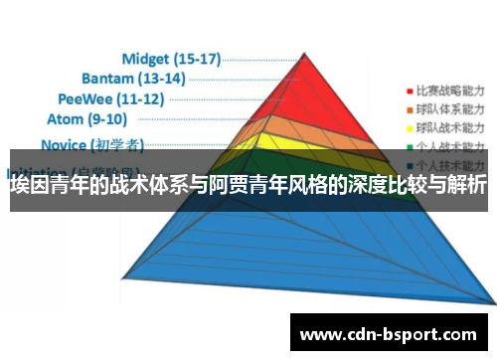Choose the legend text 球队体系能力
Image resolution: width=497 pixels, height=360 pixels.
(446, 107)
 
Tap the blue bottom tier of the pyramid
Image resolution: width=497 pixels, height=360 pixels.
(278, 249)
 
